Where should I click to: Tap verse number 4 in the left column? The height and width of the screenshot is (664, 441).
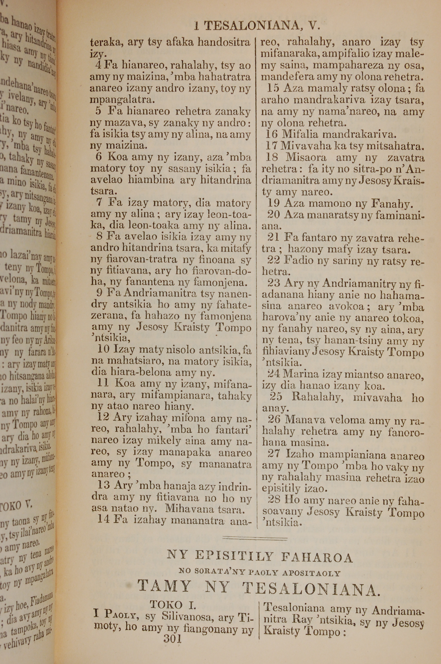98,65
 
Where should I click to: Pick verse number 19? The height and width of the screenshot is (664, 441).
273,203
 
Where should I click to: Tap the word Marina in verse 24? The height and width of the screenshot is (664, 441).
300,374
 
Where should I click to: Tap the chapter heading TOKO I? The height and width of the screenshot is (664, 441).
173,605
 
